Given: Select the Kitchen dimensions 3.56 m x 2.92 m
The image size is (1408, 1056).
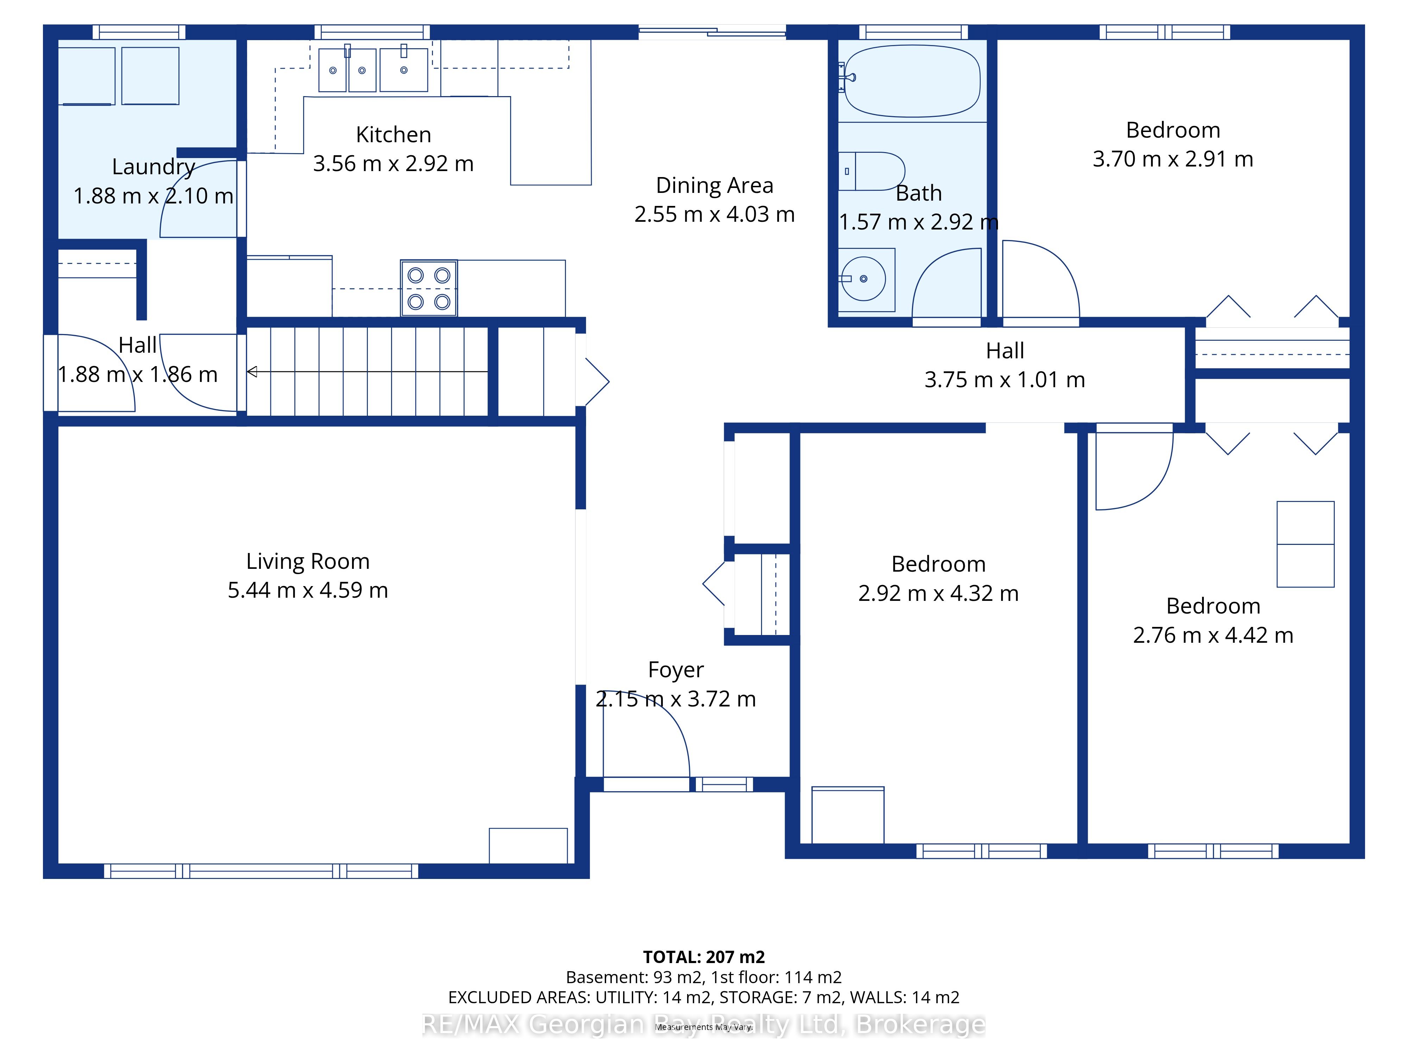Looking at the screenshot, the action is (394, 164).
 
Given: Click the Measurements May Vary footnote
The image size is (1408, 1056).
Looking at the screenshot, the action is (704, 1027).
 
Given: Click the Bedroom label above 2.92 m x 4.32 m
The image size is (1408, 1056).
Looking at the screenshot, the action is (938, 564).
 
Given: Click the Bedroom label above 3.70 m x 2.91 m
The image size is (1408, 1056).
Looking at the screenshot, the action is (1173, 130).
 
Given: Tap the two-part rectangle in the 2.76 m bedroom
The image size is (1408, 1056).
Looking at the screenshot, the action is (1306, 544).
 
